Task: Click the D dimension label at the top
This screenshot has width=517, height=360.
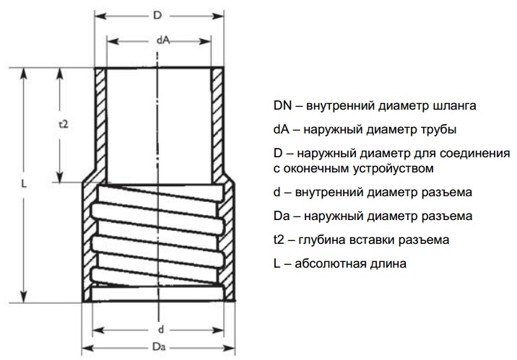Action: point(157,15)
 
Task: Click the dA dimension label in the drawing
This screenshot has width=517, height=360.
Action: point(163,40)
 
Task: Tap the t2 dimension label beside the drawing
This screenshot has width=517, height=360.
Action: point(63,124)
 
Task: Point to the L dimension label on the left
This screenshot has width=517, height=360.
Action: point(24,184)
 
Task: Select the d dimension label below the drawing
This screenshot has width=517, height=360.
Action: point(161,329)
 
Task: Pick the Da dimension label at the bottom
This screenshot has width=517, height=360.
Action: point(159,347)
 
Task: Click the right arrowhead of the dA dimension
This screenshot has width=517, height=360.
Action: point(205,42)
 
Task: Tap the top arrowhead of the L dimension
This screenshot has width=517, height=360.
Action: point(23,74)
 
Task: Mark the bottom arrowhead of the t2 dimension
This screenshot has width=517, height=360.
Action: point(60,177)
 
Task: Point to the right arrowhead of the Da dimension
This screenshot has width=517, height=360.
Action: point(229,348)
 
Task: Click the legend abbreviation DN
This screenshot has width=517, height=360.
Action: point(282,105)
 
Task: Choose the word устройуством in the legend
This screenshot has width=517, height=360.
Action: point(394,169)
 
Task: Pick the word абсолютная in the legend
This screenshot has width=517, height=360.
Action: point(329,264)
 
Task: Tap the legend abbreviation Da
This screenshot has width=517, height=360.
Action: point(282,216)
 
